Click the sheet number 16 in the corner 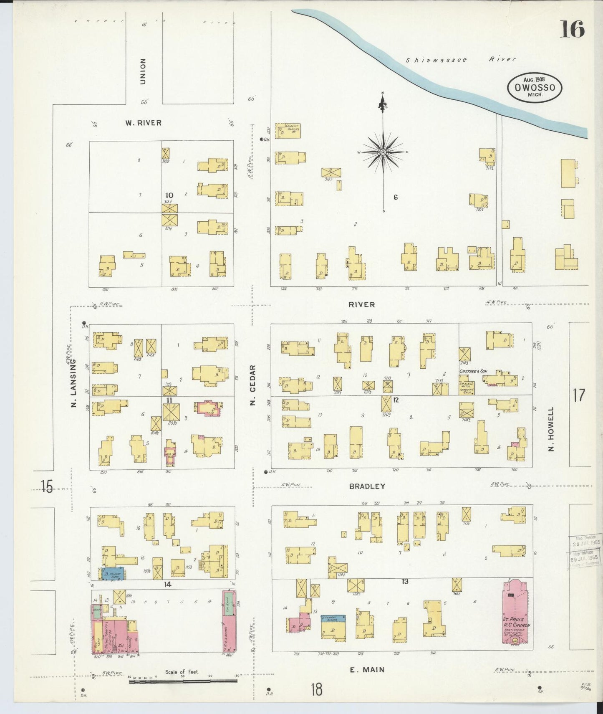point(572,30)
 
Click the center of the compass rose point(383,152)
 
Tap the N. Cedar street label point(252,385)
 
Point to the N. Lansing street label point(73,383)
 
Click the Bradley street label point(367,486)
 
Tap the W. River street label point(143,123)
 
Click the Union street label point(143,71)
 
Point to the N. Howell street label point(551,429)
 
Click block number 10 point(169,195)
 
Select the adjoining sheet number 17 point(579,395)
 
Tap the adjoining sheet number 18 point(316,689)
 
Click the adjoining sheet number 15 point(47,486)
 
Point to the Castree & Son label point(473,371)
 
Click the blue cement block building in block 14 point(113,574)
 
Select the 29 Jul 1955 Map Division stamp point(584,552)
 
